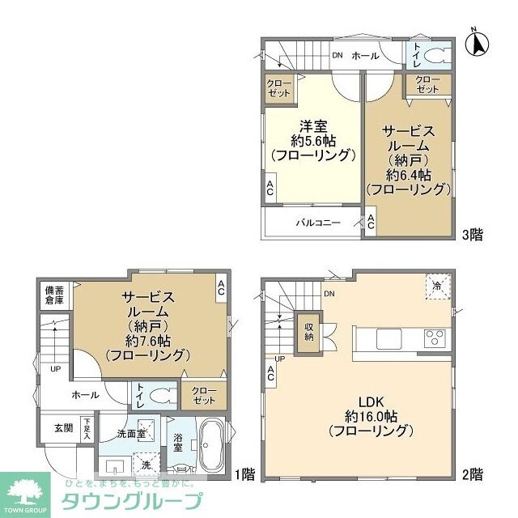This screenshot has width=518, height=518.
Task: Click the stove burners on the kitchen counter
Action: (434, 338)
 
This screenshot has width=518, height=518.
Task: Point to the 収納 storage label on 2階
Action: (308, 332)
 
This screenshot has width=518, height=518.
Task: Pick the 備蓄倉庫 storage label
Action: (54, 296)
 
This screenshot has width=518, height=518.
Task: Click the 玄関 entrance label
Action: (63, 427)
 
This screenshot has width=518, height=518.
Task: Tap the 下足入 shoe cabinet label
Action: (87, 429)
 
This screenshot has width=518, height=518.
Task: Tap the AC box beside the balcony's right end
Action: (370, 223)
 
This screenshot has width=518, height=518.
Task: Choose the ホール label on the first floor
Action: (85, 395)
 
